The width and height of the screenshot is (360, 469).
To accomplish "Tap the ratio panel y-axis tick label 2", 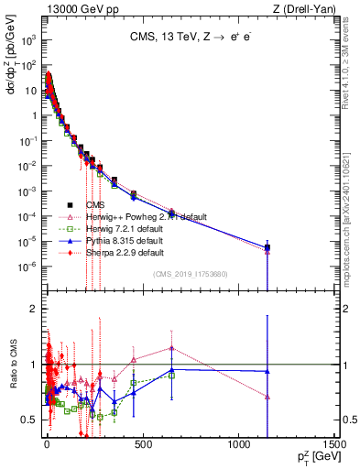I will [x=33, y=309].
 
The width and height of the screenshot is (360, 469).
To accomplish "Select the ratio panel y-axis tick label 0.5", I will [x=29, y=420].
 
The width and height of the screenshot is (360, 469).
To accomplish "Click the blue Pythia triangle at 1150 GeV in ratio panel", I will [x=267, y=371].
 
